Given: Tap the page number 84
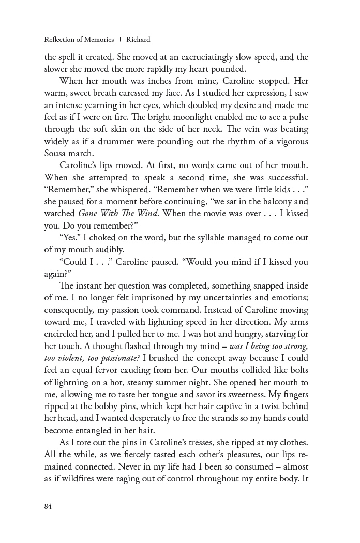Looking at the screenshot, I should point(48,506).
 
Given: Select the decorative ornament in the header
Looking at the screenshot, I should point(120,39).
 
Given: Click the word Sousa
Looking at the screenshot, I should point(56,153).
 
